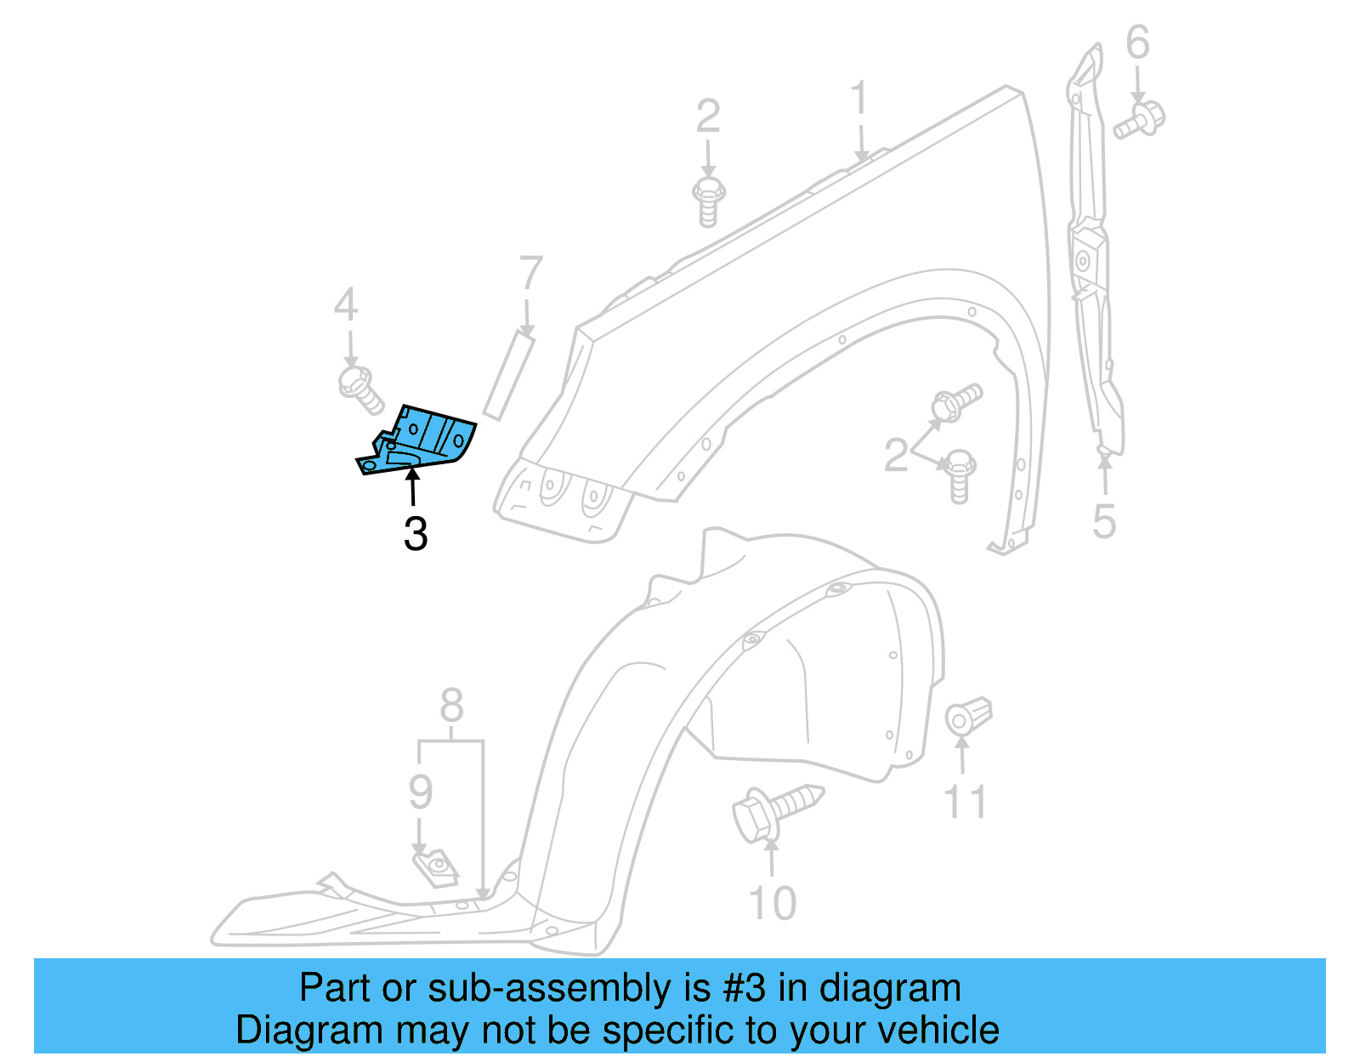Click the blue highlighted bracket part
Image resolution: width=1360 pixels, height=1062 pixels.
point(421,440)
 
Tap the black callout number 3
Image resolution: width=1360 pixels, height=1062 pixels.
point(416,534)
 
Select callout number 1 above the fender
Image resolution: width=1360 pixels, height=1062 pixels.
point(859,99)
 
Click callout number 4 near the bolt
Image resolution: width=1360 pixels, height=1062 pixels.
point(345,304)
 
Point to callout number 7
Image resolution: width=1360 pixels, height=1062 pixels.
point(530,274)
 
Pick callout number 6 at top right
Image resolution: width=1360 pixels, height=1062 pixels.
point(1137,43)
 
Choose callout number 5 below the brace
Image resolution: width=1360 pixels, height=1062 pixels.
point(1103,521)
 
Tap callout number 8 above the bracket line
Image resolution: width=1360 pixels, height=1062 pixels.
point(451,705)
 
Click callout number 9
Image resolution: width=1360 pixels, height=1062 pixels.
point(421,792)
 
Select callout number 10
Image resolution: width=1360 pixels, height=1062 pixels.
point(772,903)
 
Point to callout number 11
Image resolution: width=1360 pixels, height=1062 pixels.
point(966,802)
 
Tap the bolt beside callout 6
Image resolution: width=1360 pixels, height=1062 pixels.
point(1140,120)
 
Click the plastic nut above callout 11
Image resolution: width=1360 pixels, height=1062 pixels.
point(968,716)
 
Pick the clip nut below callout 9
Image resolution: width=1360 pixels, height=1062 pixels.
point(436,867)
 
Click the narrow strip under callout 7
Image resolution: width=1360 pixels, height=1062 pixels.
point(508,377)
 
